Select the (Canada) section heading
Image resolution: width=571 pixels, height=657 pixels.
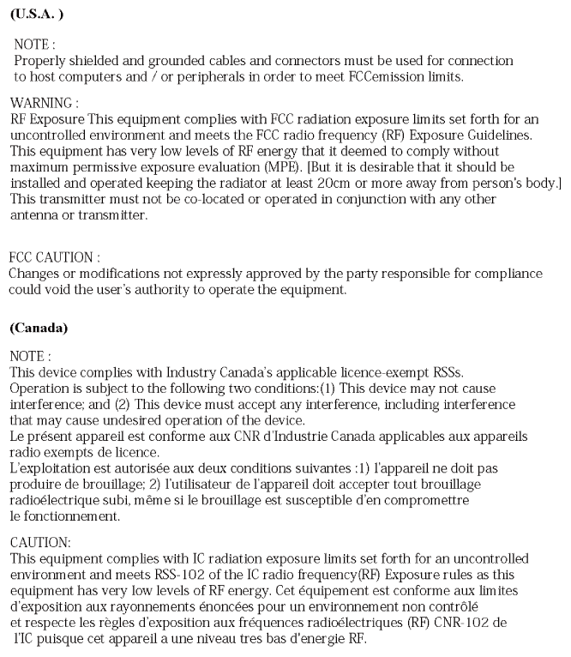pyautogui.click(x=39, y=328)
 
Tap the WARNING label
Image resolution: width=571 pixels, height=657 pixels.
pyautogui.click(x=41, y=103)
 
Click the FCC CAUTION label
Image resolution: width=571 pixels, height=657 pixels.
pyautogui.click(x=54, y=257)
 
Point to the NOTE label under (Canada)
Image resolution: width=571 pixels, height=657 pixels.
pyautogui.click(x=30, y=355)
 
